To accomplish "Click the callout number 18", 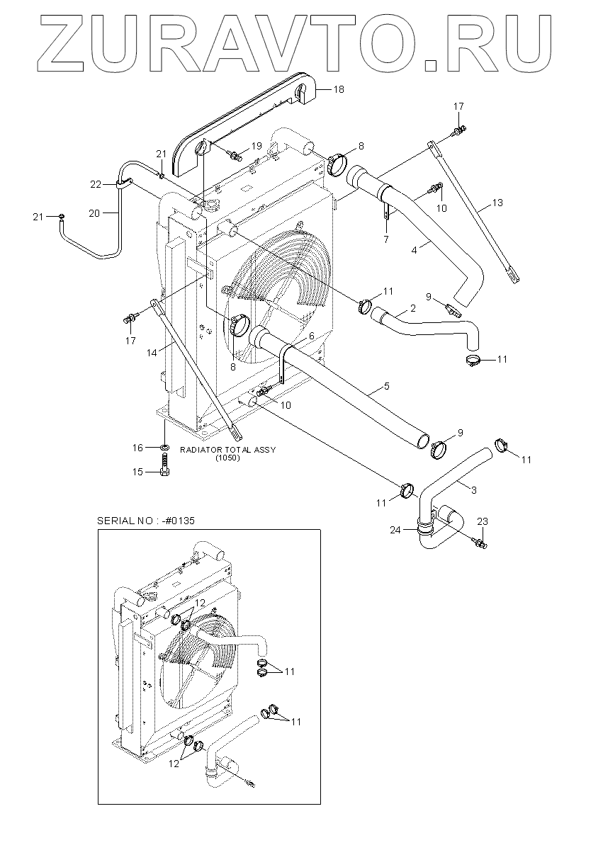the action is click(x=339, y=89).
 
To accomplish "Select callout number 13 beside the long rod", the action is click(x=497, y=203).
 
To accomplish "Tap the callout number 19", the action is click(x=257, y=146).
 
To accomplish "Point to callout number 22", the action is click(x=96, y=184).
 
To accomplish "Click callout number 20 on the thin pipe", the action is click(x=94, y=214).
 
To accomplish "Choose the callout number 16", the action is click(x=137, y=448).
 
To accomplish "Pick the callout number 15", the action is click(x=137, y=472).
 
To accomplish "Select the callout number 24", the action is click(x=395, y=530).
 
